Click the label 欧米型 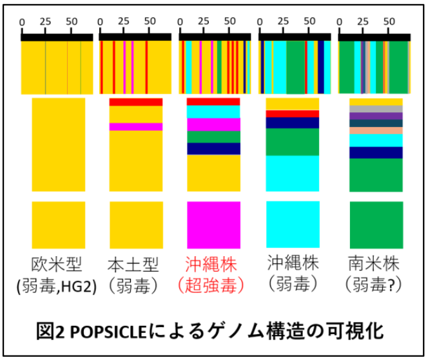pyautogui.click(x=58, y=265)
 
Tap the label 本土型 pyautogui.click(x=135, y=265)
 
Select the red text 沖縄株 pyautogui.click(x=212, y=265)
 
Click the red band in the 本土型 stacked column pyautogui.click(x=135, y=102)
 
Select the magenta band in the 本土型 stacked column pyautogui.click(x=135, y=126)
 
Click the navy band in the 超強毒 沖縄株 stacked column pyautogui.click(x=213, y=148)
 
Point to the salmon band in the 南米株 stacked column pyautogui.click(x=376, y=130)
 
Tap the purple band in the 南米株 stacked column pyautogui.click(x=376, y=116)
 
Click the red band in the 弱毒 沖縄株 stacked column pyautogui.click(x=293, y=114)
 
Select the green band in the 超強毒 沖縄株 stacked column pyautogui.click(x=213, y=137)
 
